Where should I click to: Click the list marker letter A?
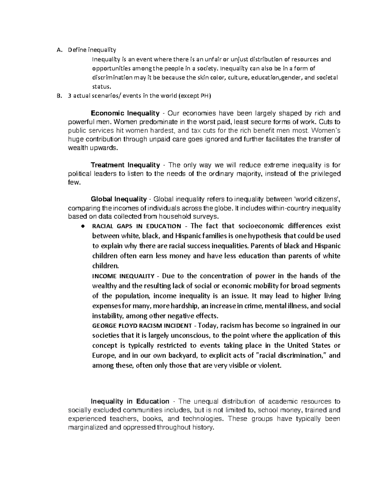click(58, 50)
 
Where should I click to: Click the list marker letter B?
click(58, 96)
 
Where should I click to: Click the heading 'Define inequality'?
click(92, 50)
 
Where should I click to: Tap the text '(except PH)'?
click(195, 96)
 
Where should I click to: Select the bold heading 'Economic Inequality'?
click(125, 113)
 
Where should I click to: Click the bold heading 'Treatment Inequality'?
click(125, 165)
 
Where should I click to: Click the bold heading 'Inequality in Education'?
click(130, 401)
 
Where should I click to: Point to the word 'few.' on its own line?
click(74, 182)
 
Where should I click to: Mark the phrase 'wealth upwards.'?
click(93, 148)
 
